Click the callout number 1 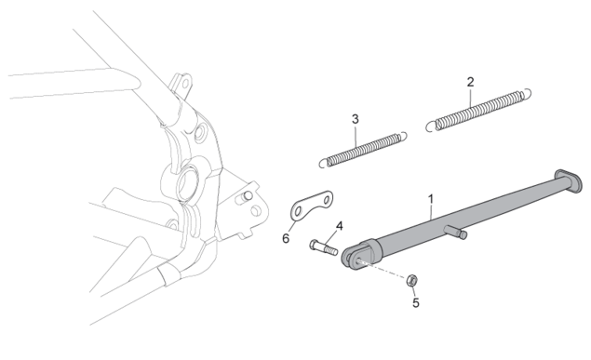(431, 199)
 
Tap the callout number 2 (470, 82)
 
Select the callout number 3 (355, 119)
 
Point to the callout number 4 (339, 226)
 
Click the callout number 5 (416, 302)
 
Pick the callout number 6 (286, 238)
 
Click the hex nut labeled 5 (411, 280)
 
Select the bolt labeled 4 (324, 247)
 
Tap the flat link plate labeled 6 (312, 206)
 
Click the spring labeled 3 (363, 150)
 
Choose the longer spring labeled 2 (478, 110)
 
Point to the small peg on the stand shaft (456, 232)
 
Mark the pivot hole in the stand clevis (358, 260)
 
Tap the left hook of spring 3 (324, 163)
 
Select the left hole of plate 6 (298, 211)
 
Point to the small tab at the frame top (181, 85)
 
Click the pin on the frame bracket (246, 196)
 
